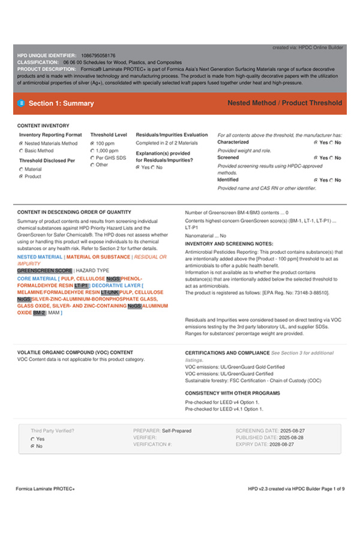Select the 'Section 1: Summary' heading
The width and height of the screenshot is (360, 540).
(61, 103)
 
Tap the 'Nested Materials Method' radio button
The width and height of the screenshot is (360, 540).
(22, 144)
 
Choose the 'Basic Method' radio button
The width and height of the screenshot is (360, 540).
(22, 151)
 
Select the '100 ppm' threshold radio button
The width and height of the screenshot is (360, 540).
(92, 144)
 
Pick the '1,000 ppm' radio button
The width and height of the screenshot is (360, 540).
(92, 151)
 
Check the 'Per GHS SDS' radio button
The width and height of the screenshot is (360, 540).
(92, 158)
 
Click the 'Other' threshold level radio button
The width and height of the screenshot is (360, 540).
(92, 164)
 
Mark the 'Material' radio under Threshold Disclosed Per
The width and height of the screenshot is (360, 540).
(22, 170)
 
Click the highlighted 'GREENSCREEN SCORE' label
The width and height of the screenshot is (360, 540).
(45, 271)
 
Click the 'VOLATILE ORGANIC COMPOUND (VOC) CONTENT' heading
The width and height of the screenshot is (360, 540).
(75, 352)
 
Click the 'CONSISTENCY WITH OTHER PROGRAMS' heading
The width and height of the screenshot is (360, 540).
(232, 393)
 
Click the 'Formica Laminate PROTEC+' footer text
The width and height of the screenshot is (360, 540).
(45, 489)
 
